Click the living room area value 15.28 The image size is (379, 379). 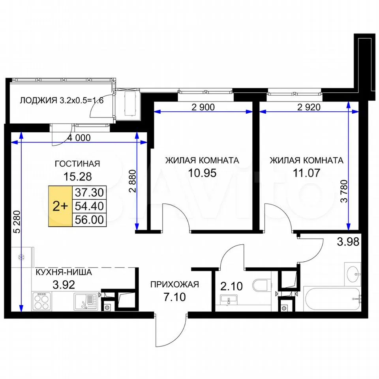(x=78, y=177)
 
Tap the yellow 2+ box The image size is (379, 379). (x=60, y=206)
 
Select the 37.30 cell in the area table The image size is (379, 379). (x=89, y=193)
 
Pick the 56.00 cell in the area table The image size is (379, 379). (x=89, y=220)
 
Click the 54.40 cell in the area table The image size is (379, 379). (x=89, y=206)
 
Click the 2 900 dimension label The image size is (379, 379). (x=203, y=107)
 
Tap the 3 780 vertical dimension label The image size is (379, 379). (x=344, y=191)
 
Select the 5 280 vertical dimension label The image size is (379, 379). (x=17, y=222)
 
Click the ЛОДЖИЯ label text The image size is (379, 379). (x=38, y=100)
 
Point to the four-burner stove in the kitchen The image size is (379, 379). (x=41, y=301)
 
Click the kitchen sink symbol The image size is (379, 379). (x=85, y=301)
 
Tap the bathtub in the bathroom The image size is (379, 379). (x=332, y=298)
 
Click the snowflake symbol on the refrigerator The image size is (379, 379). (x=21, y=257)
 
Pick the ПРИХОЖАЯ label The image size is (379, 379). (x=174, y=285)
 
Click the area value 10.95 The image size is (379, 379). (x=202, y=173)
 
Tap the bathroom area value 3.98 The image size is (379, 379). (x=348, y=242)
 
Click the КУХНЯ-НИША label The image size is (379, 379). (x=64, y=272)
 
